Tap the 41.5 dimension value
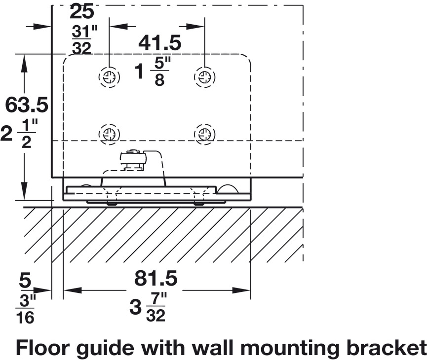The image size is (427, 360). tap(159, 43)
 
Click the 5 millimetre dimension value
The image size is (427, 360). tap(25, 281)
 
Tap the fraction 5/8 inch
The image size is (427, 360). tap(159, 72)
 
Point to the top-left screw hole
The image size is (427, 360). tap(109, 76)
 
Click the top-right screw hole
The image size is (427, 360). tap(204, 76)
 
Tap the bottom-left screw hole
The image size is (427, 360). tap(109, 134)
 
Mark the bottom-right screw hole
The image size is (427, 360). tap(204, 134)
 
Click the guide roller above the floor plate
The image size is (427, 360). tap(133, 159)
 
